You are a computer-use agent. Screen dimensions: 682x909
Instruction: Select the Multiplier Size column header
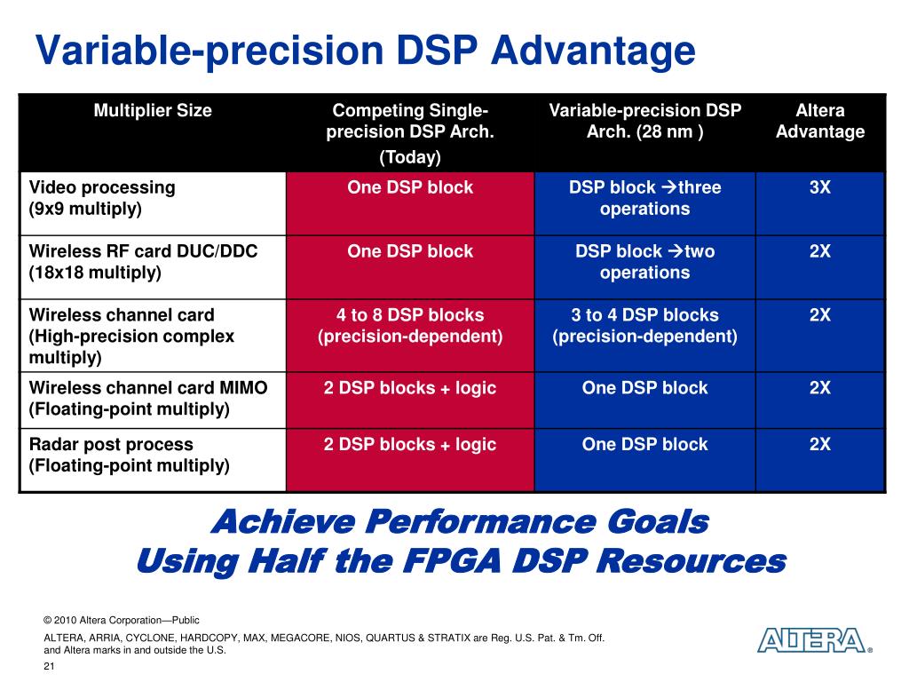click(153, 111)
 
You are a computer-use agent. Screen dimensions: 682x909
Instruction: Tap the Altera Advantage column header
click(819, 122)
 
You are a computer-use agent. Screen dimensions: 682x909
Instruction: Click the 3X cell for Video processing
click(819, 188)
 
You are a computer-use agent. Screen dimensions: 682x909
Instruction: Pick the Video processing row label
click(102, 198)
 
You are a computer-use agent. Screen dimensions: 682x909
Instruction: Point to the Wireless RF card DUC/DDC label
click(143, 262)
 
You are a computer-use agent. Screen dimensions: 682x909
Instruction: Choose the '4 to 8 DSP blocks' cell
click(409, 326)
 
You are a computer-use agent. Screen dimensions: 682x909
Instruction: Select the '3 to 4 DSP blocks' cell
click(644, 326)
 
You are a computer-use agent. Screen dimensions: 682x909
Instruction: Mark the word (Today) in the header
click(409, 158)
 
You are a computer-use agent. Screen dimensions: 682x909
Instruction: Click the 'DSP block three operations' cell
click(644, 198)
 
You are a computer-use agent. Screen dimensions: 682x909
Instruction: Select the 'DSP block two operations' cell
click(644, 262)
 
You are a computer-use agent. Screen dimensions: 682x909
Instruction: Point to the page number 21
click(49, 667)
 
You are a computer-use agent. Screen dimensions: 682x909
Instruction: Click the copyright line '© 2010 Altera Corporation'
click(122, 620)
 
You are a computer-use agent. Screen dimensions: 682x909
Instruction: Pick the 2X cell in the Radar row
click(819, 445)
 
